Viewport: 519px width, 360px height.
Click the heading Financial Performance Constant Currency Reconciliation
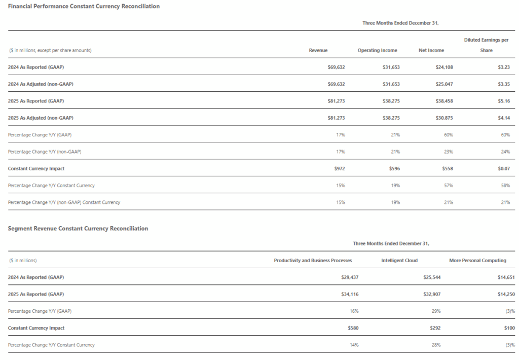(84, 6)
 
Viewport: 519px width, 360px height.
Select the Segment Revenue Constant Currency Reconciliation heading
(78, 229)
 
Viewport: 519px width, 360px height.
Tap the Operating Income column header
(377, 50)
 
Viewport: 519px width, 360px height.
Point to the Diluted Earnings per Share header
(486, 45)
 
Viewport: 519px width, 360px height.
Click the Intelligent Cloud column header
(399, 261)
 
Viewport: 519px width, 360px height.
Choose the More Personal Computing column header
(477, 261)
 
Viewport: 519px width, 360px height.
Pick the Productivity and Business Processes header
(313, 261)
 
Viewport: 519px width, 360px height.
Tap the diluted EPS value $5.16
(503, 101)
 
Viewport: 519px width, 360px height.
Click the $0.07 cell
(503, 168)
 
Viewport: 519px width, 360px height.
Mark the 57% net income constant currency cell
(448, 186)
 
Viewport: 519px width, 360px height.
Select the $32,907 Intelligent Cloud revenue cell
(432, 294)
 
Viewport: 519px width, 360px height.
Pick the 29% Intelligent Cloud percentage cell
(436, 311)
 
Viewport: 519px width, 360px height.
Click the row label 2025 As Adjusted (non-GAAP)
(41, 118)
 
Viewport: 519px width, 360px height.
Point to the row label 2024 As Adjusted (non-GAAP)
(41, 84)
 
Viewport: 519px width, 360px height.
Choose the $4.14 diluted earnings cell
(503, 118)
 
